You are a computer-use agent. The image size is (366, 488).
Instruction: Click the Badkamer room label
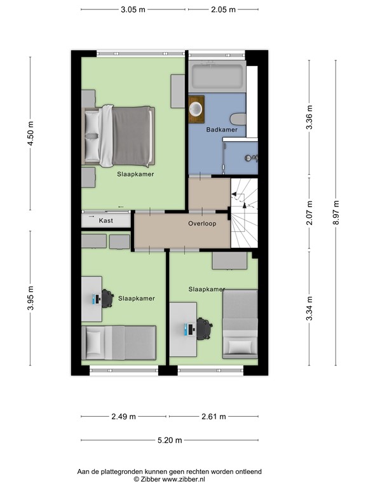pos(222,130)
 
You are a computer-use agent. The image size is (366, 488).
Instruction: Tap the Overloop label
pos(202,224)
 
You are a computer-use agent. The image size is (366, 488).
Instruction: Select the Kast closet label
pos(106,220)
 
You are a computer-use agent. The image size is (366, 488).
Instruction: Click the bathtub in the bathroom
pos(217,76)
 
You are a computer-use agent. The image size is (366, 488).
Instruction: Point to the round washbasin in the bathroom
pos(196,109)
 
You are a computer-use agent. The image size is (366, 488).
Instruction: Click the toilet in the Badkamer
pos(238,119)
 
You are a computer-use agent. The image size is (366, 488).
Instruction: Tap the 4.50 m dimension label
pos(30,133)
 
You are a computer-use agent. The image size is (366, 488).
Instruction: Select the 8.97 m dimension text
pos(335,213)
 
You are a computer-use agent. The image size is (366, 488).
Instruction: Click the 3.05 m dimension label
pos(133,10)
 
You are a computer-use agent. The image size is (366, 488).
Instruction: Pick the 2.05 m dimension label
pos(224,10)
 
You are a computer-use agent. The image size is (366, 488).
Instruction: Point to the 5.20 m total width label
pos(170,440)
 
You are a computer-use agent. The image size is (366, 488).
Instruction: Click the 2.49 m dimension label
pos(123,416)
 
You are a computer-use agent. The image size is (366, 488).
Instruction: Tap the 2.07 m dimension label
pos(309,213)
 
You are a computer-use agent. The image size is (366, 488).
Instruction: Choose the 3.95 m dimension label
pos(30,298)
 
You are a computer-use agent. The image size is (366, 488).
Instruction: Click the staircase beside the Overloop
pos(244,213)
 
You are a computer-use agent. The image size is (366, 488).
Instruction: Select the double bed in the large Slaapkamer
pos(118,137)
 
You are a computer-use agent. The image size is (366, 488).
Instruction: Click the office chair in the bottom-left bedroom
pos(107,299)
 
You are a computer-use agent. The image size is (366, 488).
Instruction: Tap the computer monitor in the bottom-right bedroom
pos(186,329)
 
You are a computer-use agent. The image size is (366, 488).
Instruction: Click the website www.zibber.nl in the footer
pos(184,480)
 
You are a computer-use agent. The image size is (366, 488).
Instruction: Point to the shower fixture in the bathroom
pos(252,158)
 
